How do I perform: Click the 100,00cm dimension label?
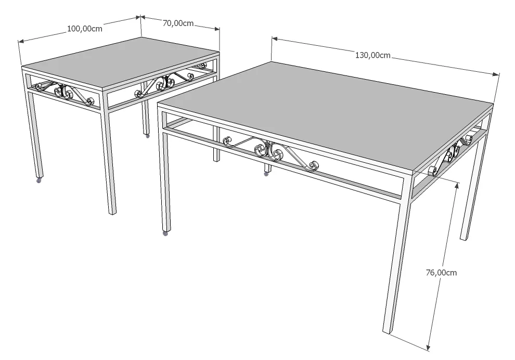point(85,29)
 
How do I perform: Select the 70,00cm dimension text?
point(178,23)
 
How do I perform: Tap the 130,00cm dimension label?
point(372,55)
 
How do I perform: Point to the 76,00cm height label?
point(441,272)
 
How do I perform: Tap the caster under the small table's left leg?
point(38,181)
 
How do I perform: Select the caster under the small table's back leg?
point(147,136)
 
